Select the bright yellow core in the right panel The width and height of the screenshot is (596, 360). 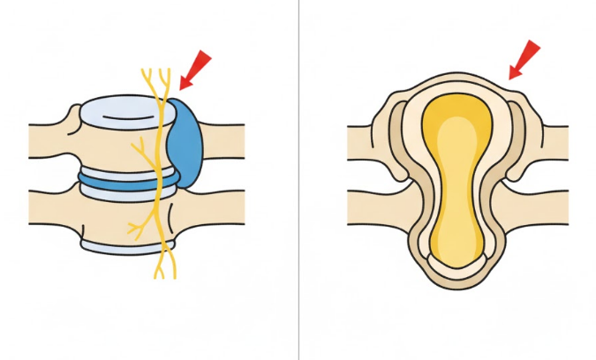456,176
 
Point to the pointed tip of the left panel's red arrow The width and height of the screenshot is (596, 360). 182,87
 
